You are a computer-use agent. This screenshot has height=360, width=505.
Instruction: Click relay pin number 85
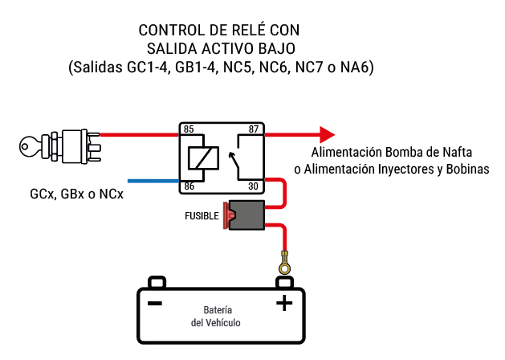[x=189, y=129]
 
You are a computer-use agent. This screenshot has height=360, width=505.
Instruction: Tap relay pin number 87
[x=254, y=129]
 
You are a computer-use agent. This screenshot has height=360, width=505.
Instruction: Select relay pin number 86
[x=189, y=186]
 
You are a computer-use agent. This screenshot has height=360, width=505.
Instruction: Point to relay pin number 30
[x=254, y=186]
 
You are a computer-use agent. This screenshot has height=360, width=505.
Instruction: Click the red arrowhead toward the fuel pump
[x=325, y=133]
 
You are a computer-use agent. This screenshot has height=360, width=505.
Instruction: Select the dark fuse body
[x=247, y=215]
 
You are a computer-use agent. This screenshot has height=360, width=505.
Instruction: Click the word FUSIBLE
[x=202, y=216]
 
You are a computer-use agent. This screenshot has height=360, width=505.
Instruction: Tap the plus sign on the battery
[x=283, y=303]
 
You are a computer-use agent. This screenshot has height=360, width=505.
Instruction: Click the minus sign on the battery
[x=155, y=303]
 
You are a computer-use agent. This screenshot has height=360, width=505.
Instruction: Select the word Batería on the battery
[x=218, y=309]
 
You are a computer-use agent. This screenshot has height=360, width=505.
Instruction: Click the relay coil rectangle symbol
[x=199, y=157]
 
